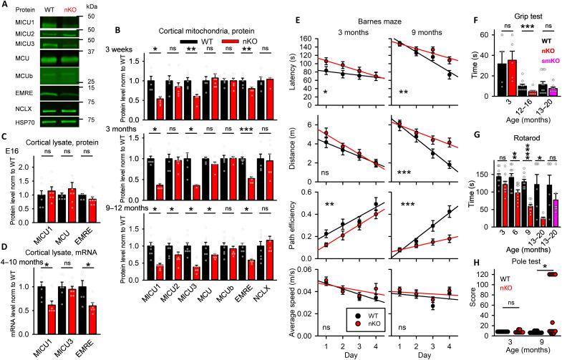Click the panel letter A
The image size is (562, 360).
[5, 6]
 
